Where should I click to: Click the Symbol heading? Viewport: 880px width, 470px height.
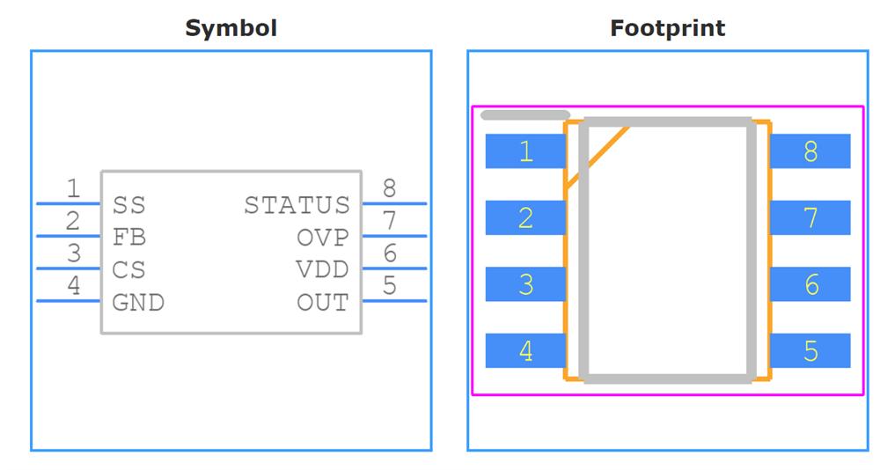coord(231,28)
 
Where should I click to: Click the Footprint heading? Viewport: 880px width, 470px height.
coord(668,28)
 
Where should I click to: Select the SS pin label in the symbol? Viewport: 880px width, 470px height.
coord(128,205)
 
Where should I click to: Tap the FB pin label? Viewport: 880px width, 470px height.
coord(128,238)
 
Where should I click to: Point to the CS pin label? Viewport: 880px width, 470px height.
coord(128,270)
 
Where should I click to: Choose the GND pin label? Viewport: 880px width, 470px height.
coord(138,303)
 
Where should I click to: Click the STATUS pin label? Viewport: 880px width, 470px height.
coord(297,205)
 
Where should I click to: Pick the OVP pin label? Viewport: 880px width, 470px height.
coord(322,238)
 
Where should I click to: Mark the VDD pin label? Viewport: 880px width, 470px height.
coord(322,270)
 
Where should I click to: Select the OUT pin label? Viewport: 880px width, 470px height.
coord(322,303)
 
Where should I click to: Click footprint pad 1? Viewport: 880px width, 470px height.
coord(525,151)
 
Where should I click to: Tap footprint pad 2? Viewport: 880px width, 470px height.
coord(525,217)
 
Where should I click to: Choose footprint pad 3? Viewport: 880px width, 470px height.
coord(525,284)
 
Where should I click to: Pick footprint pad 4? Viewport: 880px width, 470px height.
coord(525,350)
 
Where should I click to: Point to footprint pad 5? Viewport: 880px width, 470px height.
coord(810,350)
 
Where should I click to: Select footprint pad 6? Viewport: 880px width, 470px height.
coord(810,284)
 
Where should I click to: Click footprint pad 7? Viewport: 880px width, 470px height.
coord(810,217)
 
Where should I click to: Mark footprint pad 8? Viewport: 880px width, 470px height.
coord(810,151)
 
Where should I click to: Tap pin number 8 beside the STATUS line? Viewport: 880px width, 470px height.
coord(389,187)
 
